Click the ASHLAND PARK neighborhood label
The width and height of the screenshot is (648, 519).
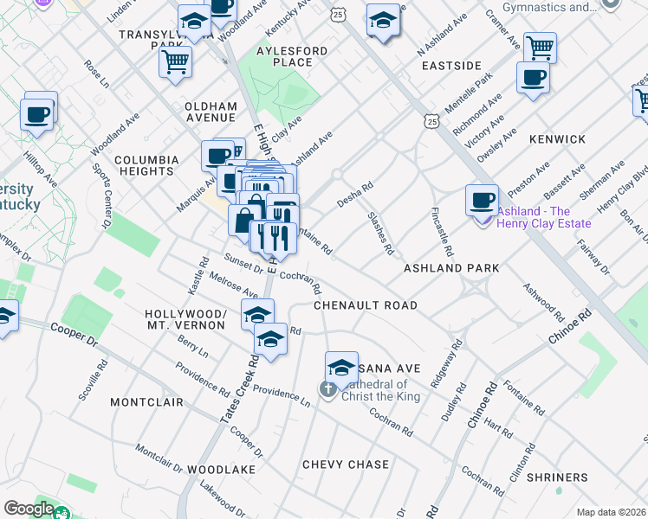pos(451,268)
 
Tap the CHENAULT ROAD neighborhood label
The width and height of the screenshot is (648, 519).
pos(365,305)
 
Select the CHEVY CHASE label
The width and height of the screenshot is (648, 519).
pos(346,465)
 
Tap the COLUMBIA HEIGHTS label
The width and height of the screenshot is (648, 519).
pos(146,165)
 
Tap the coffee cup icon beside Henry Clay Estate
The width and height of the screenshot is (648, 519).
pos(482,200)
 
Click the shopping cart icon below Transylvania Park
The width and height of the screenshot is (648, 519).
pos(175,61)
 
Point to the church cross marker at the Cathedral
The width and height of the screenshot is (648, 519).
pos(328,390)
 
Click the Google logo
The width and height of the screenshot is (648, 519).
pos(29,508)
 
